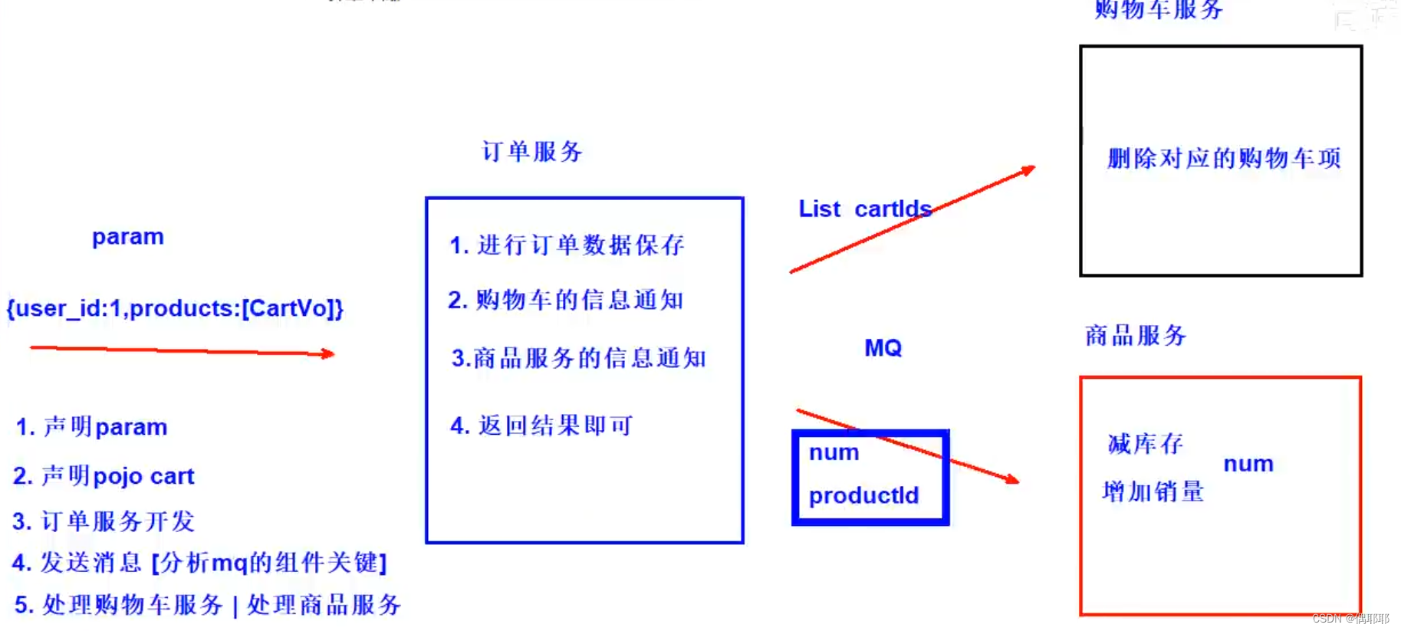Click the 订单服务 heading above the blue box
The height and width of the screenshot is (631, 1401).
532,152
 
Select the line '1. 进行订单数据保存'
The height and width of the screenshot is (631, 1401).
566,245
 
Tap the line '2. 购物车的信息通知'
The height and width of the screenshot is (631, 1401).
565,300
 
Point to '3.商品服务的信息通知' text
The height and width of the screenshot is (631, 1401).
578,358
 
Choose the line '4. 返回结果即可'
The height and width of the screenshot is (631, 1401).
541,426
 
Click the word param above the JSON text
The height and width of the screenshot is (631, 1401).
128,237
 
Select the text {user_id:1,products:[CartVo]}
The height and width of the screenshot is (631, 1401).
175,308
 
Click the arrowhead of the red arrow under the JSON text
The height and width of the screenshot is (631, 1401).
328,353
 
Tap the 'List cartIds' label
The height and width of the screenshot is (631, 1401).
864,209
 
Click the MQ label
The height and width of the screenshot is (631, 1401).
883,348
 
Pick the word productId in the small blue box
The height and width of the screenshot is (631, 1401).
863,495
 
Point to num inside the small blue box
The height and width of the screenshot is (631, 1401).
834,452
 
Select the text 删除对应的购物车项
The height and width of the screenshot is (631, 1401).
1224,159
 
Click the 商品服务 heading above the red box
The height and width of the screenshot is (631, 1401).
1136,335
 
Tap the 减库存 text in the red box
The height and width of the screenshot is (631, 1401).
1146,444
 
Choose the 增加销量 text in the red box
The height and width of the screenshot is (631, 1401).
1153,491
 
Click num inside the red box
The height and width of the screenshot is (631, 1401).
1248,464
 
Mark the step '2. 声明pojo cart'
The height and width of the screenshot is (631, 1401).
104,476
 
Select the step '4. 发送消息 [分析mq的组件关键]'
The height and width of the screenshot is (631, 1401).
199,563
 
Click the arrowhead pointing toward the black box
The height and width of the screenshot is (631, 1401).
1029,169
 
